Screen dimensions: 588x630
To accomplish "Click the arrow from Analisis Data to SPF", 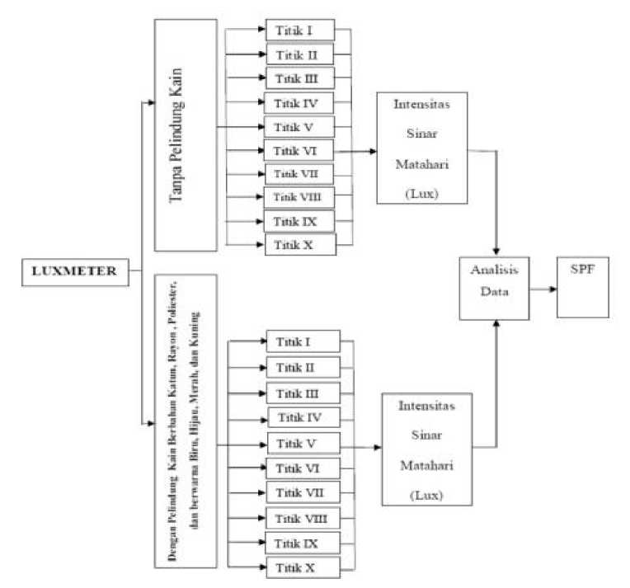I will pos(543,289).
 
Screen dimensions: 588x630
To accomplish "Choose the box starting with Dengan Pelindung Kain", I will pos(186,421).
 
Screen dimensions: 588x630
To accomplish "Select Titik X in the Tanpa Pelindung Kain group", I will pos(300,245).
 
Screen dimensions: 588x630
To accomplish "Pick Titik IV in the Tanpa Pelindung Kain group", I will pos(300,103).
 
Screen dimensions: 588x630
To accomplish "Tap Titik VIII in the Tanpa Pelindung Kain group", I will pos(300,198).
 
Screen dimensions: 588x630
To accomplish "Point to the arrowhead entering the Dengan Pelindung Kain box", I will pos(150,424).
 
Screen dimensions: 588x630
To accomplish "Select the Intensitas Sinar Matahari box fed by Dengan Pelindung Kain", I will pos(425,449).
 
